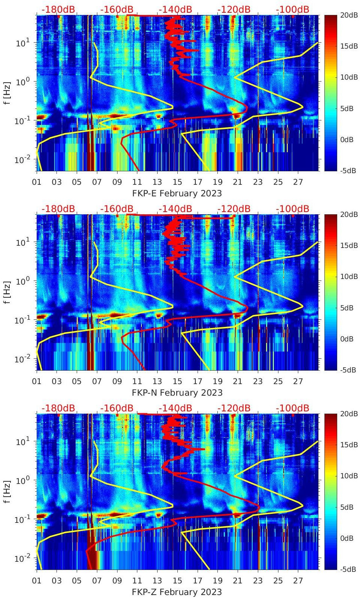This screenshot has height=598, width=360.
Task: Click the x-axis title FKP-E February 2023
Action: [177, 193]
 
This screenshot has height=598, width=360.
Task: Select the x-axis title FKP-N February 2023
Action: [177, 393]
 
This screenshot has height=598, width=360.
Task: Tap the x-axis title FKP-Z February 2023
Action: [177, 592]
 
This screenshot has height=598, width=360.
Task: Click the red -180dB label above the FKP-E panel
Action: [58, 9]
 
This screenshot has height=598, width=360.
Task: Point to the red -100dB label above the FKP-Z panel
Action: [292, 408]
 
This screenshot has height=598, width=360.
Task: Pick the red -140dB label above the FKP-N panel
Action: [175, 209]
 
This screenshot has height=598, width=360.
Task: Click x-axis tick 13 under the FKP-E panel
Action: [157, 182]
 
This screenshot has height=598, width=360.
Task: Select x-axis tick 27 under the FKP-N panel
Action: [298, 381]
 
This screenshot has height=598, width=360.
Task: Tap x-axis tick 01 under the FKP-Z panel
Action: [37, 581]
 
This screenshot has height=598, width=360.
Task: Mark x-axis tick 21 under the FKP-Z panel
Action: [238, 581]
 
